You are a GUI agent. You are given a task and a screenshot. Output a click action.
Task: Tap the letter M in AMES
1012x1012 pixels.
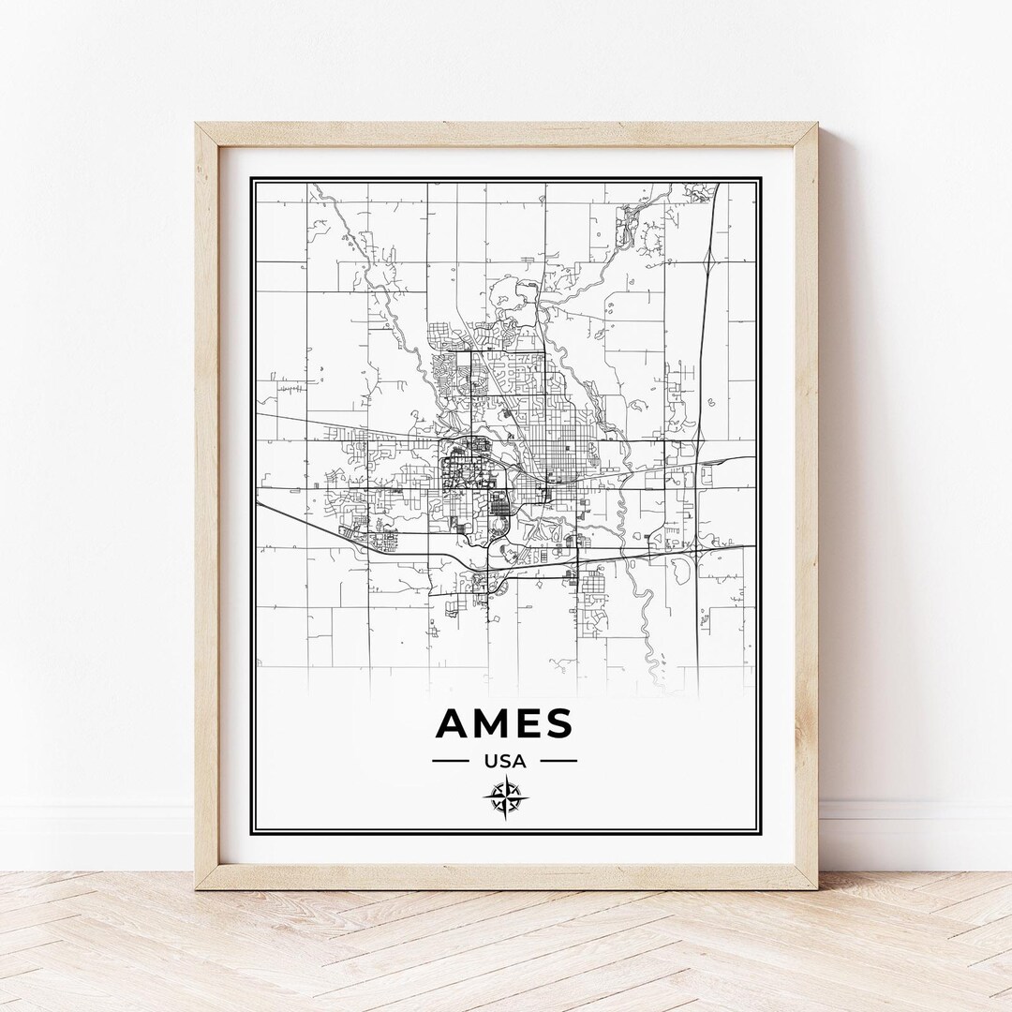pyautogui.click(x=493, y=723)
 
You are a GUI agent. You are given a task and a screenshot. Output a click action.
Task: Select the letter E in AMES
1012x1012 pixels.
pyautogui.click(x=528, y=723)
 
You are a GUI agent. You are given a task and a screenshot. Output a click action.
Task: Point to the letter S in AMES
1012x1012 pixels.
pyautogui.click(x=558, y=723)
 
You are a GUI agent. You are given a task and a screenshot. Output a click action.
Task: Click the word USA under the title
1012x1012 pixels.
pyautogui.click(x=505, y=762)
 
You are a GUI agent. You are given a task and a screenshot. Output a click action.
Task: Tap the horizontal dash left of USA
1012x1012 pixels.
pyautogui.click(x=450, y=761)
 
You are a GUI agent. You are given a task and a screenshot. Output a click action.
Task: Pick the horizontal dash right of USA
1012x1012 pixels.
pyautogui.click(x=559, y=761)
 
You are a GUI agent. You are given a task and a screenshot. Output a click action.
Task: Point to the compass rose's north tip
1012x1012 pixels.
pyautogui.click(x=506, y=776)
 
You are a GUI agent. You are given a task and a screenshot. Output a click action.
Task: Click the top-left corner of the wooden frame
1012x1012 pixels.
pyautogui.click(x=196, y=123)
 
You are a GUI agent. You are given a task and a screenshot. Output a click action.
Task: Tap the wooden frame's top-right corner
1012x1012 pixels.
pyautogui.click(x=816, y=123)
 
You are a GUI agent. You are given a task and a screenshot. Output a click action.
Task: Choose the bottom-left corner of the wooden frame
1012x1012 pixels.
pyautogui.click(x=196, y=887)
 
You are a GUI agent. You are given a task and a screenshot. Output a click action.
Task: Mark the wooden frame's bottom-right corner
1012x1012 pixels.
pyautogui.click(x=816, y=887)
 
